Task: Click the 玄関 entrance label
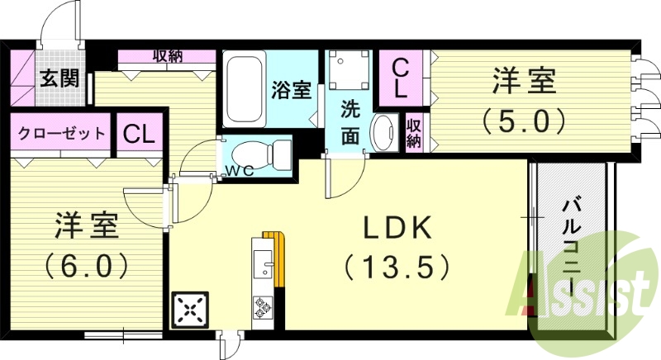tap(59, 80)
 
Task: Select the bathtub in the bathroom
tap(245, 89)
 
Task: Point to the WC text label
tap(240, 171)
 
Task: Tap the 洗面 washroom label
tap(350, 121)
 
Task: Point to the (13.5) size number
tap(397, 266)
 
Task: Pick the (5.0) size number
tap(525, 121)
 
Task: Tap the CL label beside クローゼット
tap(139, 134)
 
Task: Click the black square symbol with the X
tap(190, 311)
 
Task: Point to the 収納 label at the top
tap(168, 57)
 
